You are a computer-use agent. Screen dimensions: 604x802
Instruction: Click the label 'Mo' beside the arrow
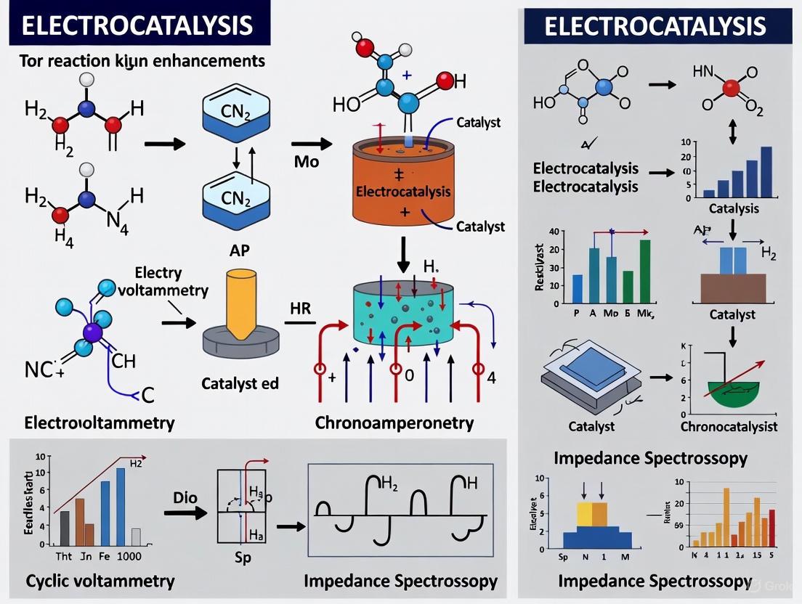click(306, 161)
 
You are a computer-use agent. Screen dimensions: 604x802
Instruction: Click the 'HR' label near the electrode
click(300, 309)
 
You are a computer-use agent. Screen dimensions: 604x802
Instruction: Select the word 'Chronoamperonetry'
click(394, 423)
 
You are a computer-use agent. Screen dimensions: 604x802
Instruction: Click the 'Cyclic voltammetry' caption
click(100, 581)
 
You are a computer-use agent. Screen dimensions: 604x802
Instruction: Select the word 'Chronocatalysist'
click(729, 426)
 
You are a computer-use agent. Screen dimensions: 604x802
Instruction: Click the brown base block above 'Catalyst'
click(732, 287)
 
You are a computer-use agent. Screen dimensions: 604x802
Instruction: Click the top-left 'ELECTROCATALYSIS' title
click(137, 25)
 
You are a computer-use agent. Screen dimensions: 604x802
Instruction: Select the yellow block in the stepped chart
click(585, 514)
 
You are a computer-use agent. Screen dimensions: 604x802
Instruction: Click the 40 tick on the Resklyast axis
click(557, 232)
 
